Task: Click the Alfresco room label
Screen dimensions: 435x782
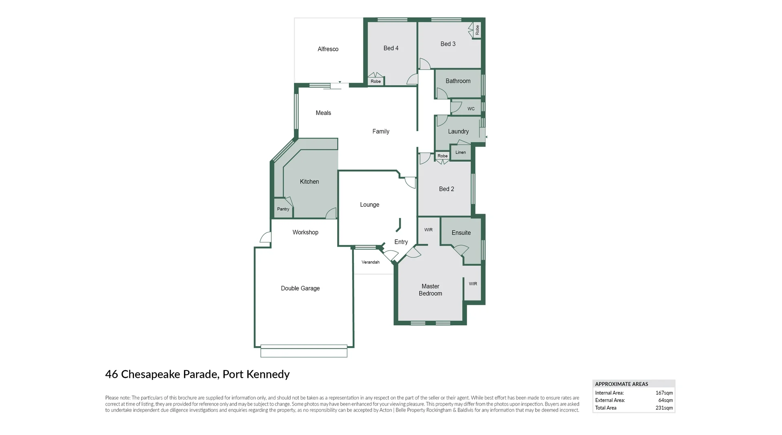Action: [328, 49]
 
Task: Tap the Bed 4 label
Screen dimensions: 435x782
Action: [391, 48]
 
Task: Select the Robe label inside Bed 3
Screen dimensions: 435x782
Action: [477, 30]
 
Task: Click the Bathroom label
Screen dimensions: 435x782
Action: [458, 81]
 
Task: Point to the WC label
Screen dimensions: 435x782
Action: [471, 109]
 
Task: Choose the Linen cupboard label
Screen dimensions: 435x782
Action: [460, 152]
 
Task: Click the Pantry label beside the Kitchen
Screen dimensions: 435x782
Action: [283, 209]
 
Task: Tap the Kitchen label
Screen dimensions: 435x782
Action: [309, 182]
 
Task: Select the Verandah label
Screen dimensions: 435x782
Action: [370, 262]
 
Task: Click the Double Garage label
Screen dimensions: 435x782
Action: [300, 288]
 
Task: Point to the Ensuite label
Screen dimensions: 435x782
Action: [461, 233]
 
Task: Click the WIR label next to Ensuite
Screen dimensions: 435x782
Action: [428, 230]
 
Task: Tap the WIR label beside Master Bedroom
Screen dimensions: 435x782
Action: [472, 284]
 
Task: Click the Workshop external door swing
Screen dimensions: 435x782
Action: [266, 237]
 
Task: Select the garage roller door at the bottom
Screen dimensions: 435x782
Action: [304, 351]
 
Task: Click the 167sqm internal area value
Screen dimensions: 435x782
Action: [664, 393]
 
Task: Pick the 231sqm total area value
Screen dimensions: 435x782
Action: [664, 408]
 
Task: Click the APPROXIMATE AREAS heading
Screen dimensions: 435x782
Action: [622, 384]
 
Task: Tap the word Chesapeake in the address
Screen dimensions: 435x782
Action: [150, 374]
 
